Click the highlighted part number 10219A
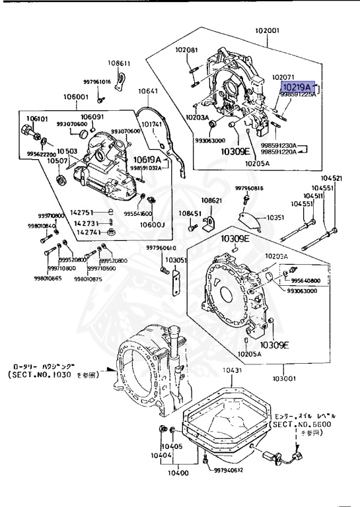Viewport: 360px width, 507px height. pos(296,86)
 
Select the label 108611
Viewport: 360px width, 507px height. pos(120,63)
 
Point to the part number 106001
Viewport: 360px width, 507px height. pos(76,96)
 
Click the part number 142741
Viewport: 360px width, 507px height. pos(88,232)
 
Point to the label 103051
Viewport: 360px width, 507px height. pos(176,260)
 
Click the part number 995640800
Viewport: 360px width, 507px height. pos(322,280)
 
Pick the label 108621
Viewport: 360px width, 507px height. pos(212,199)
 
